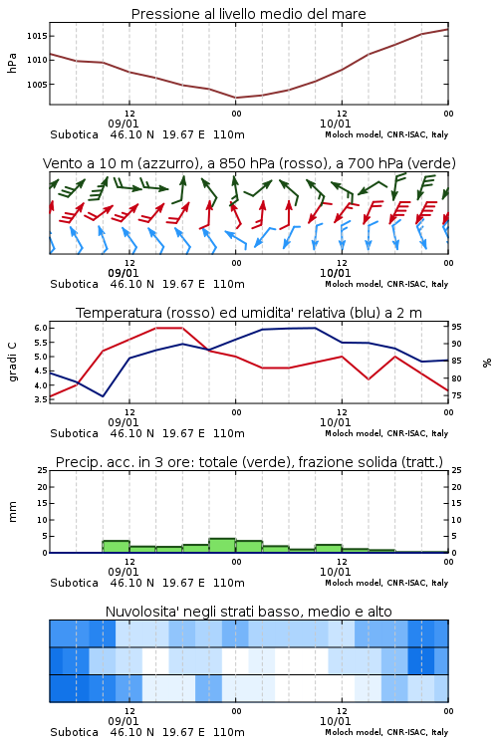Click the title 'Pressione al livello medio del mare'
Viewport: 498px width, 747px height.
coord(248,14)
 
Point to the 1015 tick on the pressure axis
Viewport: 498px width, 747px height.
coord(37,36)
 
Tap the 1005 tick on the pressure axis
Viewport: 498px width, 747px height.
coord(37,85)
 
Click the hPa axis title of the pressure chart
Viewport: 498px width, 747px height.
coord(12,63)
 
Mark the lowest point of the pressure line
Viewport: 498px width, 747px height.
coord(236,98)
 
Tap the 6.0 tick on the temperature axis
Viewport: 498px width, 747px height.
coord(41,328)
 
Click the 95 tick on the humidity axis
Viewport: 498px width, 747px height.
coord(456,327)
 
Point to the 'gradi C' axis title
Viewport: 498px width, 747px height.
coord(12,362)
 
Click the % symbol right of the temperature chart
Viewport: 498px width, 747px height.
coord(487,363)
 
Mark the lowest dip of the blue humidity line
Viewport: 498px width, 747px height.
coord(103,396)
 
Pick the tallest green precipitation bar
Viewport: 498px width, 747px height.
coord(222,545)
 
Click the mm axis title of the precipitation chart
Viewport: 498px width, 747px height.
coord(12,512)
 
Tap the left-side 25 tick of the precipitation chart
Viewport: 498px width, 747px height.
coord(43,470)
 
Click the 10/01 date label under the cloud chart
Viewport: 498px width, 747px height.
coord(335,721)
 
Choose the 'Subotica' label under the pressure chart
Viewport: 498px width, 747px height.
coord(75,134)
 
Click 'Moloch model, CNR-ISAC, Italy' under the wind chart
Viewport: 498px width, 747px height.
coord(386,284)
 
